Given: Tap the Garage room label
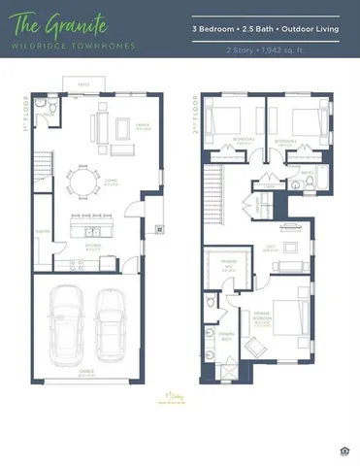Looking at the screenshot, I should pos(86,370).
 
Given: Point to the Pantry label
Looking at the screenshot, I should pos(42,231).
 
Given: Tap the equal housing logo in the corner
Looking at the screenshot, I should pos(346,449).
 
